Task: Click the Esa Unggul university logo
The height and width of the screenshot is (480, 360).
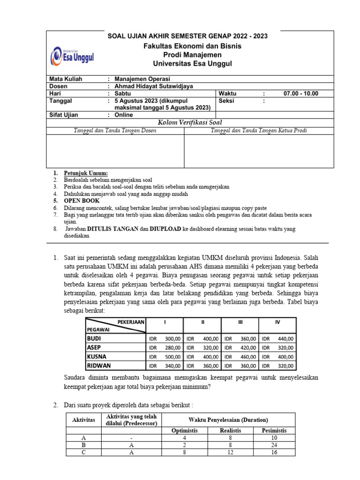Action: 72,56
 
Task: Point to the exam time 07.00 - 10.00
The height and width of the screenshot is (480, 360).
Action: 300,93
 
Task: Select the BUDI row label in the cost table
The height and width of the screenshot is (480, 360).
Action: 94,338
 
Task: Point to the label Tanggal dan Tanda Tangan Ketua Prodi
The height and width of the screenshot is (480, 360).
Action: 259,130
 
